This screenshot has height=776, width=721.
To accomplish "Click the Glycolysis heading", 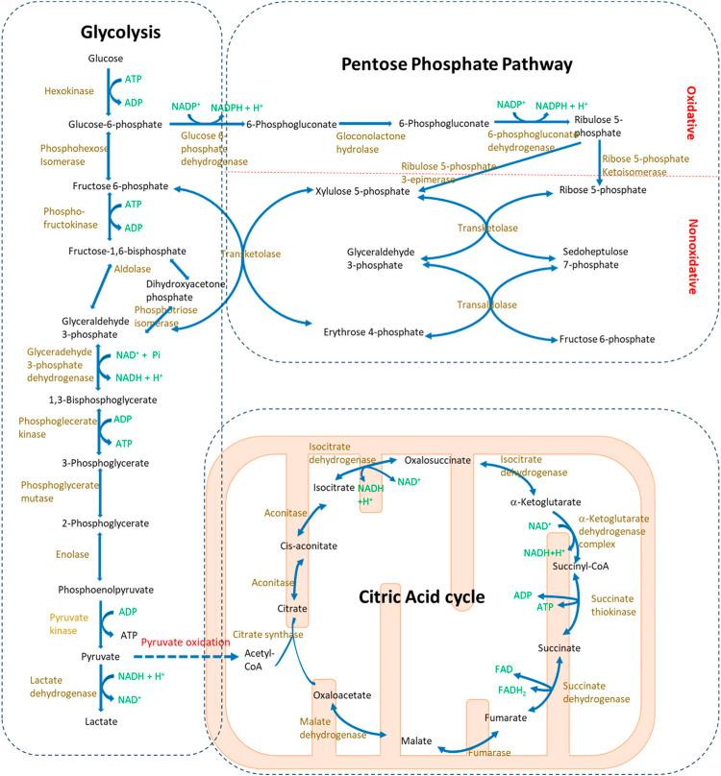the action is (x=120, y=33).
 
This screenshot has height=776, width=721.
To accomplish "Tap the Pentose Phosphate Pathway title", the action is (x=457, y=64).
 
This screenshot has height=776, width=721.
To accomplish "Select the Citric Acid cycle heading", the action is (x=422, y=596).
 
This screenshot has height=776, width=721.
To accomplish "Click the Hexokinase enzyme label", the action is (x=69, y=91).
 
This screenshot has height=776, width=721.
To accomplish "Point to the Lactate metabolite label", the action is (x=101, y=721).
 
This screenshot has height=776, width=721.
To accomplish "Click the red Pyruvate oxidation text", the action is (x=186, y=643).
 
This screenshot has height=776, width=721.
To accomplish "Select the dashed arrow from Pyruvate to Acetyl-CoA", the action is (x=186, y=657).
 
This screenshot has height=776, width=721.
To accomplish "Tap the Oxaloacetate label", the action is (x=342, y=695).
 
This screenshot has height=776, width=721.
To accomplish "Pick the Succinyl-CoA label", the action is (x=581, y=567).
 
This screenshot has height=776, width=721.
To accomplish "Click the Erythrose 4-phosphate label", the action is (x=374, y=332).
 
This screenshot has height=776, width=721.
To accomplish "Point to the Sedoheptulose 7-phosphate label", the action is (x=595, y=258).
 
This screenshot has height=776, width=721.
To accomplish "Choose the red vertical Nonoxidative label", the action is (x=692, y=256).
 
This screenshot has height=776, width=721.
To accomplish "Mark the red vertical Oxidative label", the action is (x=691, y=112).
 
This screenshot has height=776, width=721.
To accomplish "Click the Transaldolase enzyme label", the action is (x=486, y=304).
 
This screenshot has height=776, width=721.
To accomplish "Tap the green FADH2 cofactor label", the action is (x=511, y=691).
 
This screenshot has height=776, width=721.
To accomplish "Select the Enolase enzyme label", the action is (x=72, y=555).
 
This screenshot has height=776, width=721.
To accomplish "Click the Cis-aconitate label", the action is (x=309, y=546).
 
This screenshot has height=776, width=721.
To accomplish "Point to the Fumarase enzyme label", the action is (x=489, y=753).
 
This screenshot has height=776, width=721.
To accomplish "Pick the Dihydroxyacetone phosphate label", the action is (x=186, y=291).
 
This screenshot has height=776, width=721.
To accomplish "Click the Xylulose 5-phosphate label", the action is (x=362, y=191).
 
